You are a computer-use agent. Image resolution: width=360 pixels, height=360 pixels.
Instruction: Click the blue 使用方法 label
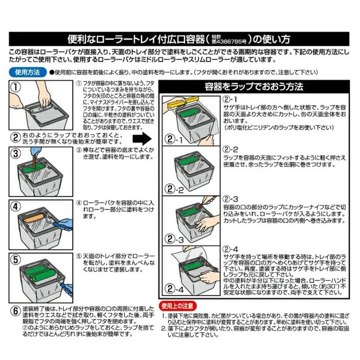(x=27, y=72)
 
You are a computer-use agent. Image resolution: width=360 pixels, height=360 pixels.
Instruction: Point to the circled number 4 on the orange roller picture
(x=16, y=207)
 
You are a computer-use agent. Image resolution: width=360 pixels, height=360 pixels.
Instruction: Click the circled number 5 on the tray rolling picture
(x=16, y=260)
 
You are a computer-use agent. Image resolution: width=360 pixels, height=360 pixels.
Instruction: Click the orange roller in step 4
(x=35, y=219)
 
